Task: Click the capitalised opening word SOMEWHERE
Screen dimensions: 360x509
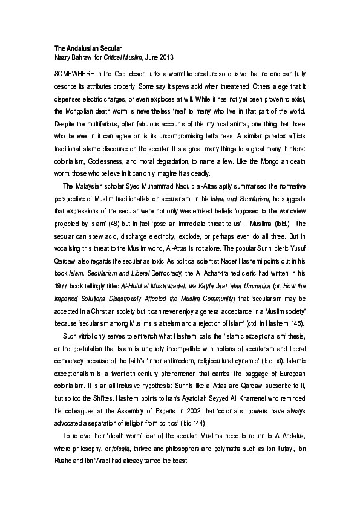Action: [x=71, y=73]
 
